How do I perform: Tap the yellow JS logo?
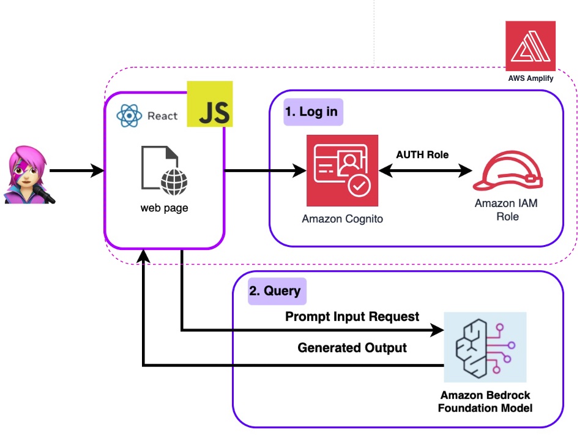click(210, 104)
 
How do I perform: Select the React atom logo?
click(129, 115)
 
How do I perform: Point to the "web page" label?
click(164, 208)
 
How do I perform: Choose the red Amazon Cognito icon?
click(343, 171)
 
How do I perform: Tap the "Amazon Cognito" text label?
click(343, 218)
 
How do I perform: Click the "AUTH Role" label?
click(423, 154)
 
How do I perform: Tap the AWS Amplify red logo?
click(531, 46)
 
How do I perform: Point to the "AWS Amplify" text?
click(531, 78)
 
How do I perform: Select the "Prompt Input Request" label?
click(352, 316)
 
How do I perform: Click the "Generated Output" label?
click(352, 347)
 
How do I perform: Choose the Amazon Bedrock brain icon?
click(485, 347)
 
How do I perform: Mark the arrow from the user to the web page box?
click(76, 172)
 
